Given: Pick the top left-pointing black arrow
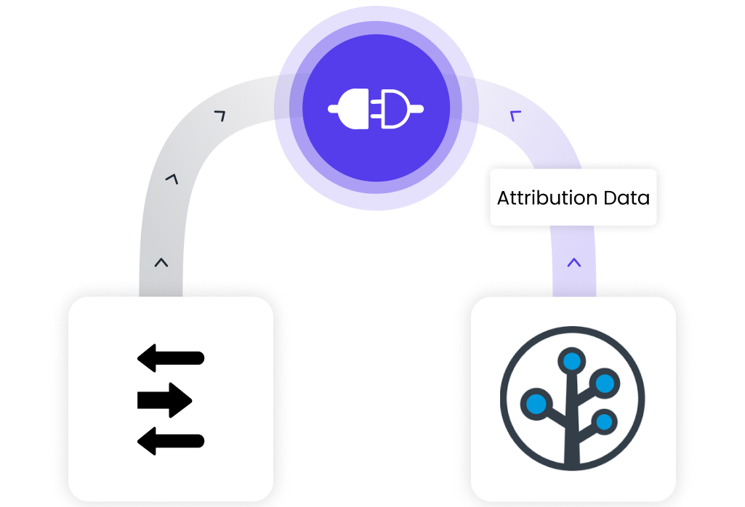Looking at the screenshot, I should [x=171, y=357].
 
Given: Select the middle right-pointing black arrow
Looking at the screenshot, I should [x=164, y=399].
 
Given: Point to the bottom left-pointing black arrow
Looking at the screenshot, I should [x=171, y=440].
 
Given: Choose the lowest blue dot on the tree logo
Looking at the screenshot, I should [x=603, y=420].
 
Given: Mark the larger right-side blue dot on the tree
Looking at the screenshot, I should [x=604, y=381].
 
